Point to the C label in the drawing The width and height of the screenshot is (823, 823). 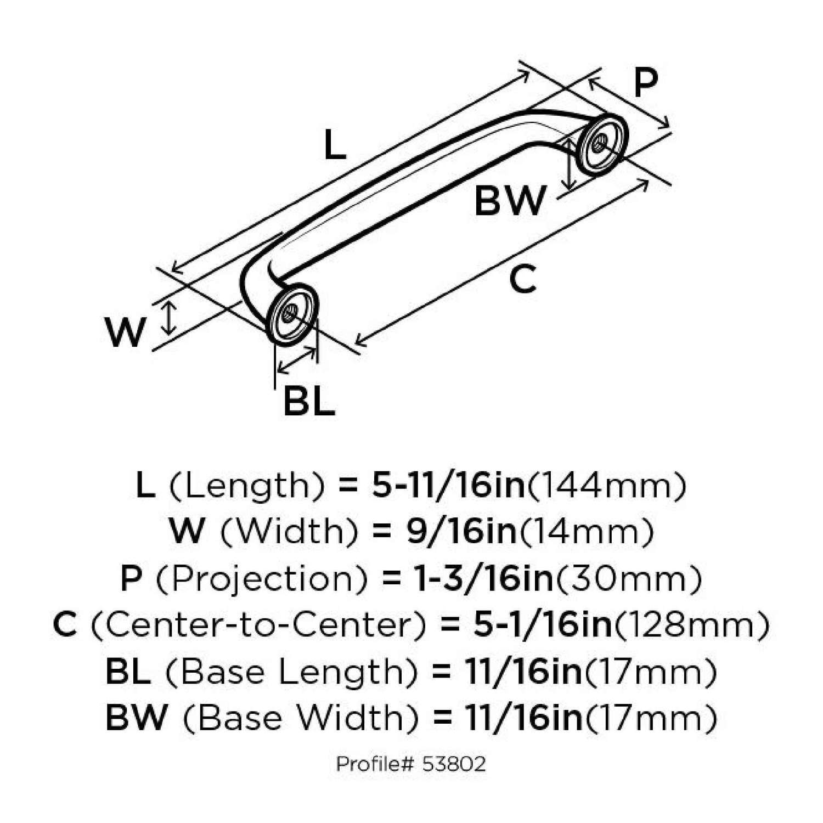[522, 279]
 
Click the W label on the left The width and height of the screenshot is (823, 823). [126, 332]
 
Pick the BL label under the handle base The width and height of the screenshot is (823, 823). [309, 402]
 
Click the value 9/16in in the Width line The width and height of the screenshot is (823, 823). [461, 531]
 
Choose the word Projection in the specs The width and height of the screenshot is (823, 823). [261, 579]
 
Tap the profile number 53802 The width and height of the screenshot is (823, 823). [454, 764]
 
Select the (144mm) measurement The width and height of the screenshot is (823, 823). [606, 486]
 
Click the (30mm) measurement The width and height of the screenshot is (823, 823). [629, 579]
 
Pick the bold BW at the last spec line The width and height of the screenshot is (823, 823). [136, 718]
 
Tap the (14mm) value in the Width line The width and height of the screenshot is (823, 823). [586, 531]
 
